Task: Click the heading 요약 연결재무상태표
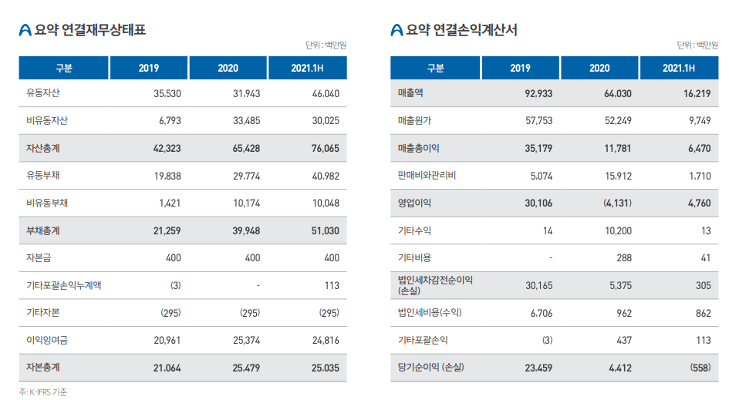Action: tap(90, 30)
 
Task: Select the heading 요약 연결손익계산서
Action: tap(461, 30)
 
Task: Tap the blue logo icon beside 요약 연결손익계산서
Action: tap(397, 31)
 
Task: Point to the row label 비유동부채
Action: tap(48, 203)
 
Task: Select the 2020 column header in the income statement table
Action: tap(599, 68)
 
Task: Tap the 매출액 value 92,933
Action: tap(538, 93)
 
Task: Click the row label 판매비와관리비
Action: tap(427, 176)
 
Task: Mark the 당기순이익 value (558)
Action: tap(700, 368)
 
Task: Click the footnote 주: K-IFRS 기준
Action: tap(43, 392)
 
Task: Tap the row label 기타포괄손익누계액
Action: tap(64, 285)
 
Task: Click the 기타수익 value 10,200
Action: tap(616, 230)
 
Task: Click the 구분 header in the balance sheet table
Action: tap(64, 68)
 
